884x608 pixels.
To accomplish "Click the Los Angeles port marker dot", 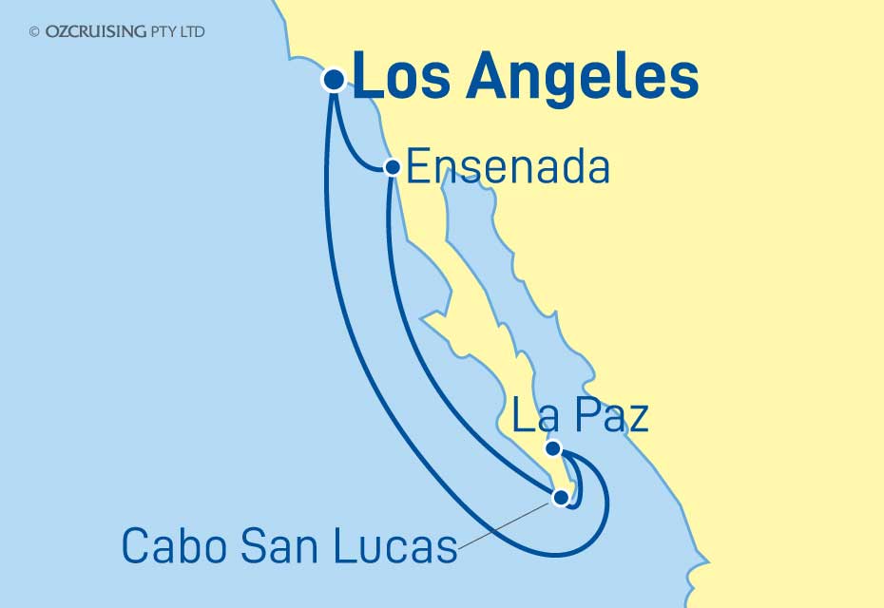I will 334,80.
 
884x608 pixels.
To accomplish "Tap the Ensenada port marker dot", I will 391,167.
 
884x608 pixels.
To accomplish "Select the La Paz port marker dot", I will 553,448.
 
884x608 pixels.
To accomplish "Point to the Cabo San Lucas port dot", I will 561,496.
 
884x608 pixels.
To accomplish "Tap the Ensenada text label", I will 507,169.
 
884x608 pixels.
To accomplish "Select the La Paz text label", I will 580,416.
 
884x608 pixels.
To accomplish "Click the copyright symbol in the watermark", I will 34,31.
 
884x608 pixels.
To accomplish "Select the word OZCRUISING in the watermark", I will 95,31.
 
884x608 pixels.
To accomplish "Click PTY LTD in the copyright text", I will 178,31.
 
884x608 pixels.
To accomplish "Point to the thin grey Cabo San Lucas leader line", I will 504,522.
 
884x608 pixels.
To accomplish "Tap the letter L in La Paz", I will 523,417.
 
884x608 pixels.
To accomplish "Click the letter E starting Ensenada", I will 416,169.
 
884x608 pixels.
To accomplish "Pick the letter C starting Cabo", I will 135,546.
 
